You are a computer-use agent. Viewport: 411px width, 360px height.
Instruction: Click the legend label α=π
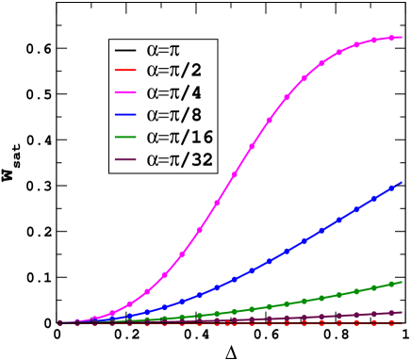point(163,50)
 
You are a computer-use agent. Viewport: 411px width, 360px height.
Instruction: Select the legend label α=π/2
point(174,72)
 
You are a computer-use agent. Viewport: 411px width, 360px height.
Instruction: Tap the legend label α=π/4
point(174,93)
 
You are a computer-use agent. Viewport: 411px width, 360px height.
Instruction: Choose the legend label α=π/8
point(174,116)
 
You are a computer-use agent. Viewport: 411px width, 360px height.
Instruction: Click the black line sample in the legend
point(126,50)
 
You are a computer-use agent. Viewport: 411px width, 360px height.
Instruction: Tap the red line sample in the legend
point(126,72)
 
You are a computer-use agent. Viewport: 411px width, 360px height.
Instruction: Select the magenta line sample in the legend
point(126,94)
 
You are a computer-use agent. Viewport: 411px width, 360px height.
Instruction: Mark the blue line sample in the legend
point(126,116)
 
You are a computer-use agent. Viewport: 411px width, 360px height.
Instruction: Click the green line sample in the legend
point(126,139)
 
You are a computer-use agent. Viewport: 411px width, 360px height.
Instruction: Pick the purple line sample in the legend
point(126,160)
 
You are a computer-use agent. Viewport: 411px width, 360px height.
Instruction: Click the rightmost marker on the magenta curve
point(401,37)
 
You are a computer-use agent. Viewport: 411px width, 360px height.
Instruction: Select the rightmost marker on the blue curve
point(401,184)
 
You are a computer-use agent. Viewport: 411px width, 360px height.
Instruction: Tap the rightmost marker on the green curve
point(401,281)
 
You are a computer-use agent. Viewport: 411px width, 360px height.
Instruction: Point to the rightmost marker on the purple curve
point(401,312)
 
